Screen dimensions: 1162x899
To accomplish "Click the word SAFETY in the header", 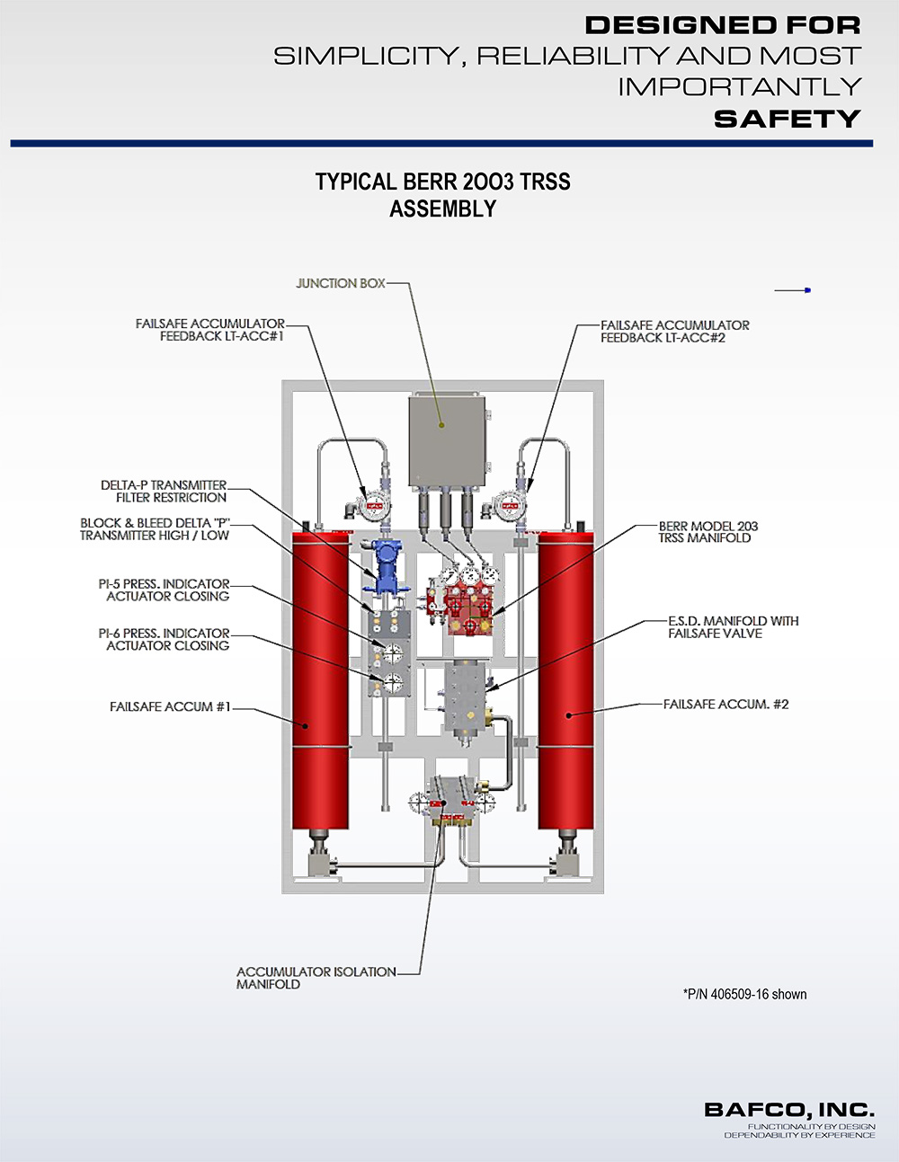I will point(787,119).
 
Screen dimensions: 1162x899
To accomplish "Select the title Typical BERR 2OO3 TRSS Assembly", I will point(442,195).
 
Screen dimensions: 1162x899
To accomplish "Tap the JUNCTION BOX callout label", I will point(341,283).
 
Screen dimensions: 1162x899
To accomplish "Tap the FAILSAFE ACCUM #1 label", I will point(170,707).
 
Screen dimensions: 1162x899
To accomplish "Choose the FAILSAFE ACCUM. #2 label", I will point(725,705).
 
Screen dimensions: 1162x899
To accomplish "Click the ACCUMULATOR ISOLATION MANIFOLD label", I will point(315,978).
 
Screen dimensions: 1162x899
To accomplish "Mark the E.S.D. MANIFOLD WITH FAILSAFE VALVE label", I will point(733,627).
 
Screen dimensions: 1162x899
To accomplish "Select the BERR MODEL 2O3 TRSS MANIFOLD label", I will point(708,532).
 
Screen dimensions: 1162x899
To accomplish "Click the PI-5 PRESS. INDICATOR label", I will point(165,590).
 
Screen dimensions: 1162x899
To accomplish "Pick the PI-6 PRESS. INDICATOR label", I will point(165,639).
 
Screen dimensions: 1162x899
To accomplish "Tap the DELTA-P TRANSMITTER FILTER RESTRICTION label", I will point(165,491).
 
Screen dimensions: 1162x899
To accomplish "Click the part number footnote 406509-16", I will point(744,994).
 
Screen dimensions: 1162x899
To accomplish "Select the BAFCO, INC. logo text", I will point(788,1111).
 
